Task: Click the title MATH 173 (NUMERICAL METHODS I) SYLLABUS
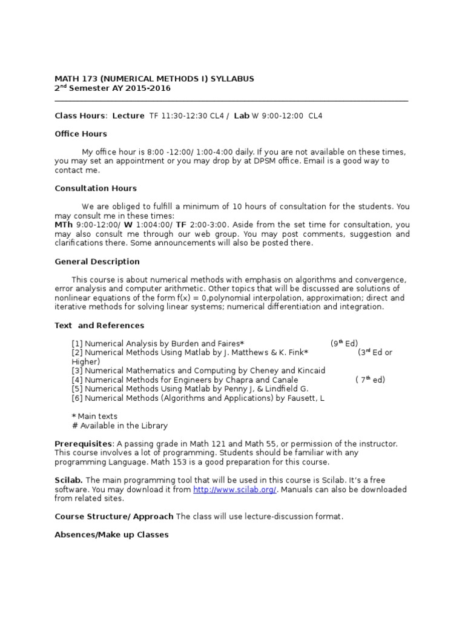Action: [x=154, y=79]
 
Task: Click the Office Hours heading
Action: [x=81, y=134]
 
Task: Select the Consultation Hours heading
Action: [x=96, y=188]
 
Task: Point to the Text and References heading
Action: [x=99, y=325]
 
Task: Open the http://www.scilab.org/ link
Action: [x=235, y=490]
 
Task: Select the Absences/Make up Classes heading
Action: [x=111, y=535]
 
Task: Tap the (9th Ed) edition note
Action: [x=344, y=343]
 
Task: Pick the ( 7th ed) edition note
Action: [x=370, y=380]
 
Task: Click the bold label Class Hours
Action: [x=80, y=116]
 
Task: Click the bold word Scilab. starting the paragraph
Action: [x=68, y=481]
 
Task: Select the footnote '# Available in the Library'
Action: [x=119, y=426]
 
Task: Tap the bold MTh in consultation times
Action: [x=64, y=225]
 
